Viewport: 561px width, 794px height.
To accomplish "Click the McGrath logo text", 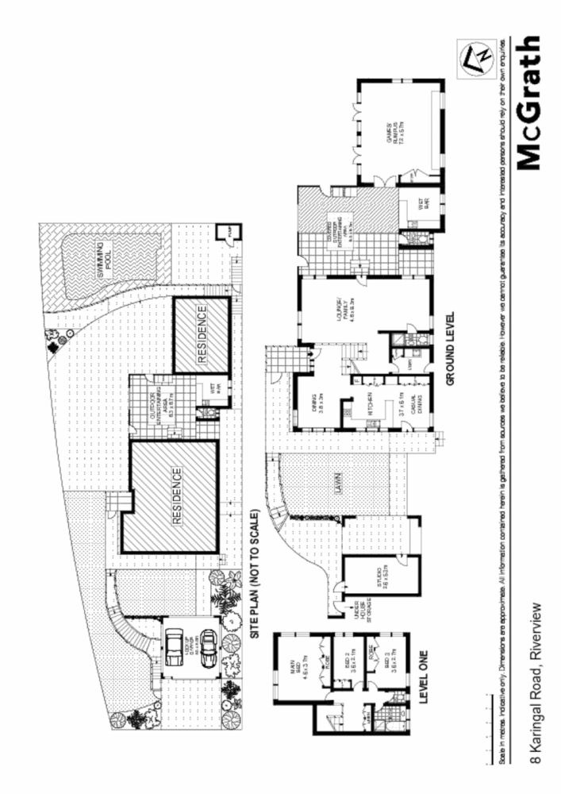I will pos(530,103).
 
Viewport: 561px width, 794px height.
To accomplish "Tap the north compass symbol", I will pos(473,57).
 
